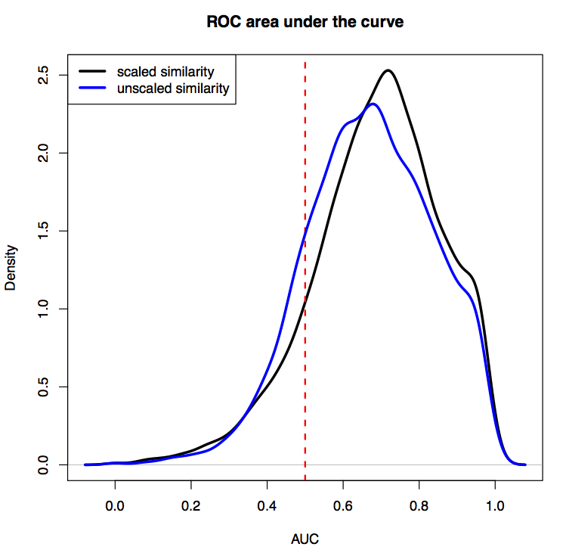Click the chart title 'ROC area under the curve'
[x=305, y=22]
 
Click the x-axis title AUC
[x=305, y=539]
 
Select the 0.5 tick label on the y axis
[x=46, y=386]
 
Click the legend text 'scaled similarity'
[x=165, y=72]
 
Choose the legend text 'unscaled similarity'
[x=172, y=89]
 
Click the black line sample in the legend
[x=91, y=72]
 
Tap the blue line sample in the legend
[x=91, y=89]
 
